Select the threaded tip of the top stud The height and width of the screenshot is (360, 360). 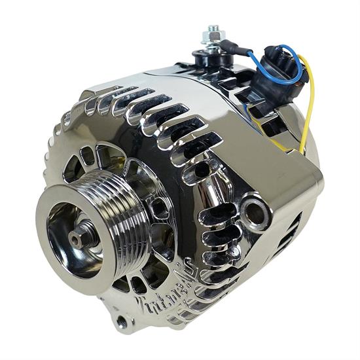click(x=213, y=29)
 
